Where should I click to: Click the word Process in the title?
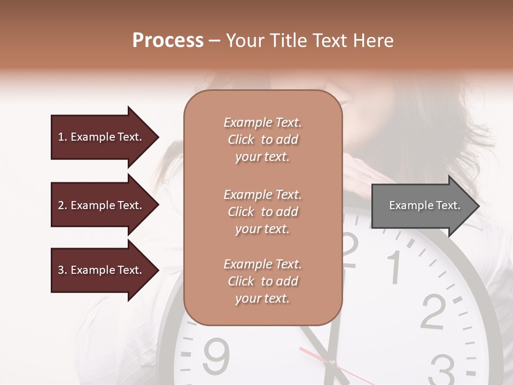click(168, 41)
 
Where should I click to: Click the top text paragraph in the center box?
click(262, 140)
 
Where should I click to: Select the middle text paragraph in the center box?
click(262, 212)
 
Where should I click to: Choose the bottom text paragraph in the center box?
click(262, 281)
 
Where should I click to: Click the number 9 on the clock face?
click(216, 355)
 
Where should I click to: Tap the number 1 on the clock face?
click(394, 266)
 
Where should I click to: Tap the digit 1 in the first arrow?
click(60, 137)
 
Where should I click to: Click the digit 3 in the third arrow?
click(61, 270)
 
